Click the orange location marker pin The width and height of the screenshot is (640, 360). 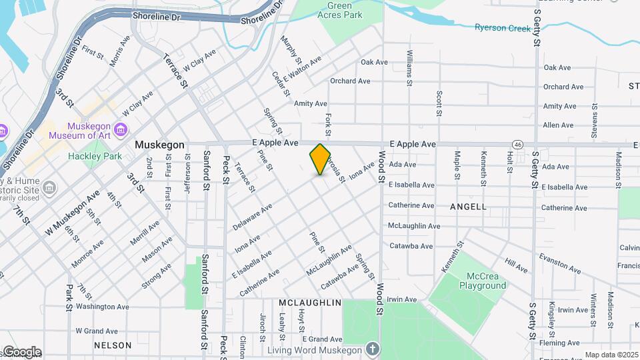(321, 159)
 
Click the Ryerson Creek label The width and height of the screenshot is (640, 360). (503, 28)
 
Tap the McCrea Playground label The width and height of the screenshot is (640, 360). (483, 280)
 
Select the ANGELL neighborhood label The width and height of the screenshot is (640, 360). (468, 207)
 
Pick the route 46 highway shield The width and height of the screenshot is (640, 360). (517, 144)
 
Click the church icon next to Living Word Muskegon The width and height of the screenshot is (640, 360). (372, 349)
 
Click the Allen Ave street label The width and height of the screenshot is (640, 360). (558, 125)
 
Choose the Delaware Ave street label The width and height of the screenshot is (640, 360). (253, 218)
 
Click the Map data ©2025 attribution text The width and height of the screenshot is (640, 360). (611, 355)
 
